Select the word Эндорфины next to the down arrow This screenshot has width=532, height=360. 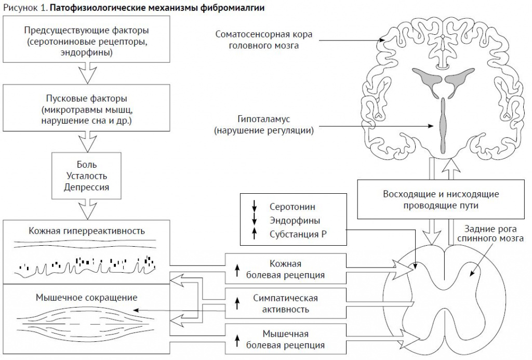(x=295, y=221)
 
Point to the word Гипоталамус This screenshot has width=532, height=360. (x=263, y=119)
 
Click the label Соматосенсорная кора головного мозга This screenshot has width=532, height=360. (x=263, y=39)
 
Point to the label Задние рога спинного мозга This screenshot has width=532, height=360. (x=490, y=233)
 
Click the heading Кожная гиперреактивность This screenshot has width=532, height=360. (x=87, y=231)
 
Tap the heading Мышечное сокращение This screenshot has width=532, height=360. (x=87, y=298)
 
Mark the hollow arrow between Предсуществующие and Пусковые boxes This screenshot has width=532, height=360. (x=87, y=73)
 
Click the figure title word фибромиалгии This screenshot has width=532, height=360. (x=233, y=7)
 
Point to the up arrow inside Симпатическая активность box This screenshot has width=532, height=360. (x=237, y=303)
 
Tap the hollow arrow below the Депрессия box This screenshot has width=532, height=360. (x=87, y=209)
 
